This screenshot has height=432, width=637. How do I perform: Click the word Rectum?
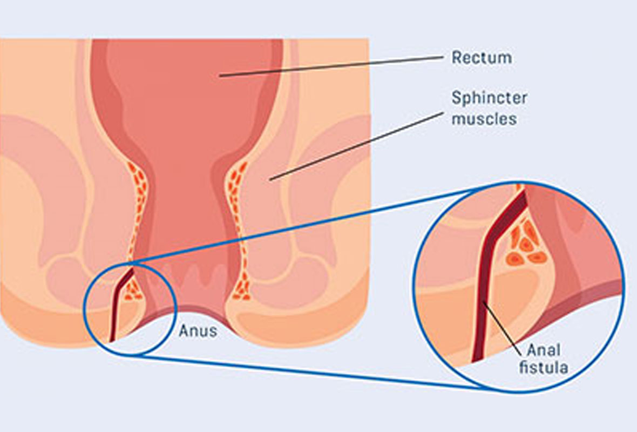pos(482,57)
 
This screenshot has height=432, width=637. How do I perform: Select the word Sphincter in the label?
pos(489,98)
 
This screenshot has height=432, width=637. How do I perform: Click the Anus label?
pos(198,330)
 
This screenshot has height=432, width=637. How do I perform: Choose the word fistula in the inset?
pos(543,368)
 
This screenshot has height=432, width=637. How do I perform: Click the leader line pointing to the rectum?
pos(335,66)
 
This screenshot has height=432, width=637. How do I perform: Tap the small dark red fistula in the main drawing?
pos(114,313)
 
